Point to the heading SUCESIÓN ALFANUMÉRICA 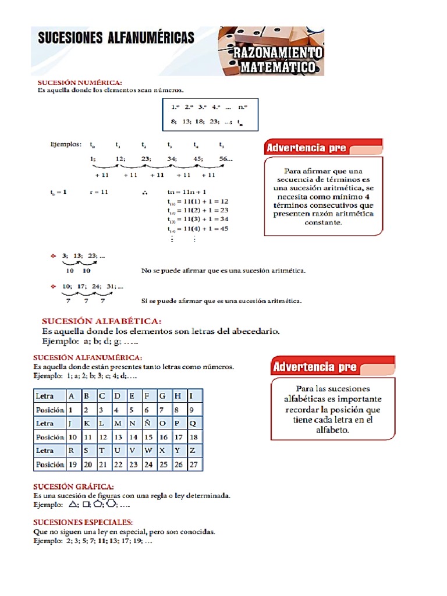click(87, 357)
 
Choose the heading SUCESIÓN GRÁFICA click(73, 486)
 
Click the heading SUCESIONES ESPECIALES click(83, 522)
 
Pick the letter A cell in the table click(72, 396)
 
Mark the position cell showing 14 click(134, 437)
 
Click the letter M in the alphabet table click(118, 423)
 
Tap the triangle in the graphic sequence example click(73, 504)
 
